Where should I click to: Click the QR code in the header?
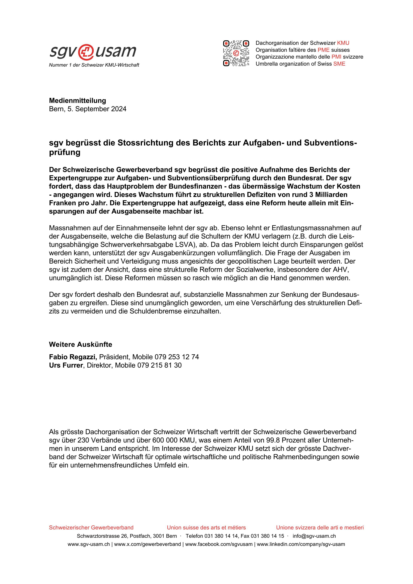236,53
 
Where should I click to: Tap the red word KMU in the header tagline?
343,43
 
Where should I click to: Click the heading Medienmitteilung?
77,101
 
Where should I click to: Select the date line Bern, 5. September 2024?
87,109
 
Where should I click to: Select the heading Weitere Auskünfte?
80,344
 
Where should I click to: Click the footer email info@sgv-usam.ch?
314,536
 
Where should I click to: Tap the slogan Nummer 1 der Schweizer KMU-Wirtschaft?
94,65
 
